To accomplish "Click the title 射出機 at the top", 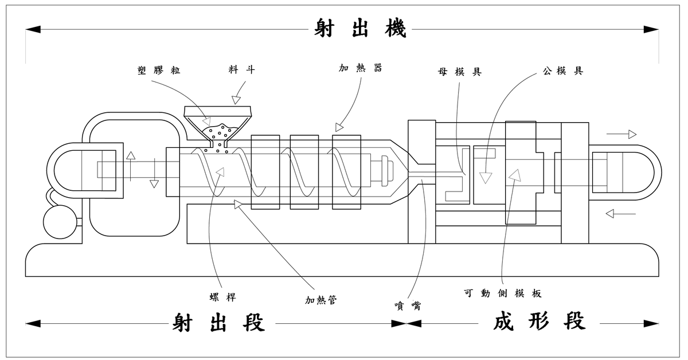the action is (x=360, y=28).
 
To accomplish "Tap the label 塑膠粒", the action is (x=159, y=71).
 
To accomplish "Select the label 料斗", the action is (x=242, y=70).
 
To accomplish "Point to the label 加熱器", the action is (x=360, y=68).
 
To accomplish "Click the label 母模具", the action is (x=460, y=72).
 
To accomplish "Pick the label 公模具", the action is (x=562, y=71).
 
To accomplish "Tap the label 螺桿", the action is (x=222, y=297).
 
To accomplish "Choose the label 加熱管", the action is (x=320, y=300).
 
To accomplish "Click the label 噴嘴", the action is (x=408, y=306).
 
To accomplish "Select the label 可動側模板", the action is (x=502, y=294).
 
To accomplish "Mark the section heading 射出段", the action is (x=218, y=323).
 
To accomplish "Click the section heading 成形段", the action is (x=539, y=321).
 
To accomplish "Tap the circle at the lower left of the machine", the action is (x=60, y=222).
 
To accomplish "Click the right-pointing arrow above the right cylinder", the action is (x=621, y=134).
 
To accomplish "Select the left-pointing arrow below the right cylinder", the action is (x=620, y=213).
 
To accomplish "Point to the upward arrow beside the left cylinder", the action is (x=131, y=166).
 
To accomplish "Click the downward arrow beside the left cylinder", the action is (x=154, y=173).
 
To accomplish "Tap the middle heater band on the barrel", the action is (x=304, y=172).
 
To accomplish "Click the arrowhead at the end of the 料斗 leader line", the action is (x=236, y=100).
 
